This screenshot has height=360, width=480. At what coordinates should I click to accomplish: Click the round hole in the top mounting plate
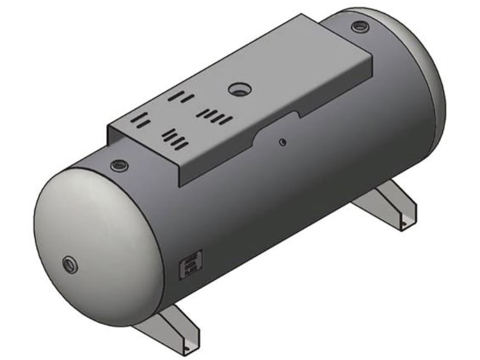[x=238, y=89]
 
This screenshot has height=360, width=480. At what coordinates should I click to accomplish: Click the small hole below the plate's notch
[x=283, y=142]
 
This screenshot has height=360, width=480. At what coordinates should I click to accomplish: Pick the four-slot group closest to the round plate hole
[x=216, y=115]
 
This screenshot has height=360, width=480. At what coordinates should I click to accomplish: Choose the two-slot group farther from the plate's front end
[x=178, y=96]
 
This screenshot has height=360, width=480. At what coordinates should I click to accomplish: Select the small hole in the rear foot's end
[x=408, y=219]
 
